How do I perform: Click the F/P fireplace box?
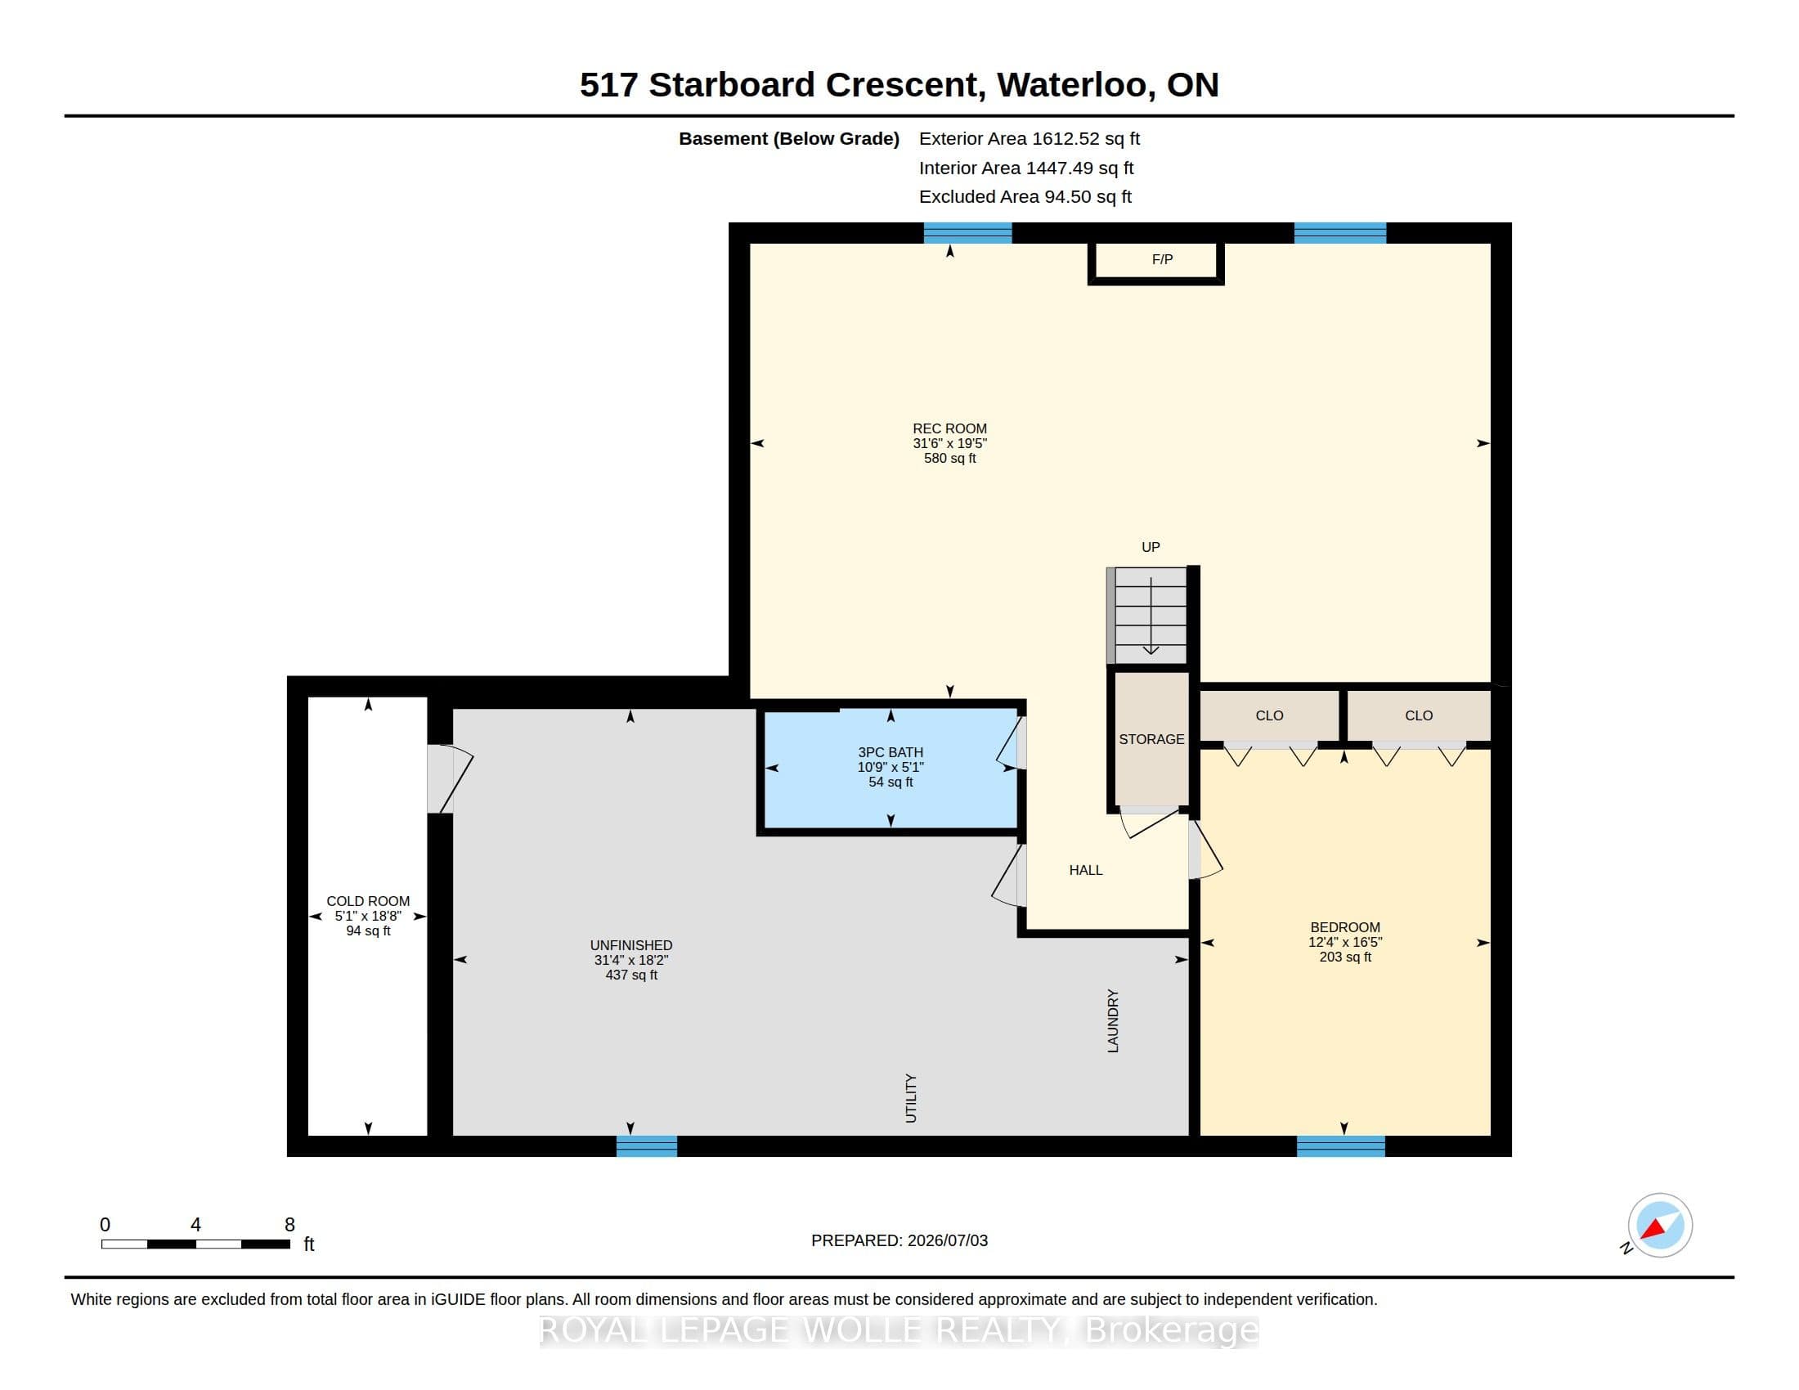click(1155, 262)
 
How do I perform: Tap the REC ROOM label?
click(949, 428)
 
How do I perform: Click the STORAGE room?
click(1151, 738)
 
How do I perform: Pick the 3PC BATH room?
click(891, 768)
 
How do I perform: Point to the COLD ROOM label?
click(367, 901)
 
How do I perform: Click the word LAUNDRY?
click(1113, 1021)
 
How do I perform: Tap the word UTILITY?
click(910, 1097)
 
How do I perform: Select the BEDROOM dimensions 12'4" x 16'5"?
click(1345, 942)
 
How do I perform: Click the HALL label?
click(1086, 870)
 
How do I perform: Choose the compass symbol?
click(1659, 1226)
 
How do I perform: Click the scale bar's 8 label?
click(289, 1225)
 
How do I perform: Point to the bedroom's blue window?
click(1341, 1146)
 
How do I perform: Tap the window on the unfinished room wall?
click(647, 1146)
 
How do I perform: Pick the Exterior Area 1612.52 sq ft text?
click(1029, 138)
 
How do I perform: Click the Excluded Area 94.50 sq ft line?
click(1025, 197)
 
